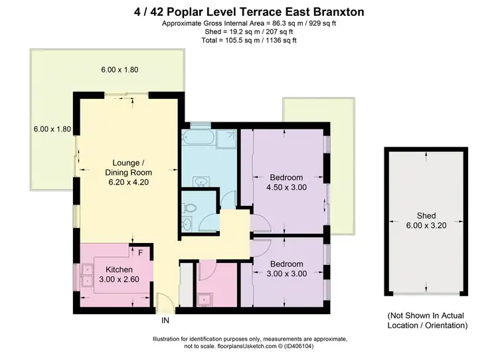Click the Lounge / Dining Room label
126,168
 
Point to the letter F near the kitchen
141,252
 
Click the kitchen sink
86,274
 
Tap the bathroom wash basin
200,180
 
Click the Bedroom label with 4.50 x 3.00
286,177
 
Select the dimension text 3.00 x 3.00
286,274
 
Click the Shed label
426,216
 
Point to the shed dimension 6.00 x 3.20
426,226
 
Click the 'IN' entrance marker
165,320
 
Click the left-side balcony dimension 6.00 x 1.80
51,129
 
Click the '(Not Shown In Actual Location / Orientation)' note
428,321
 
